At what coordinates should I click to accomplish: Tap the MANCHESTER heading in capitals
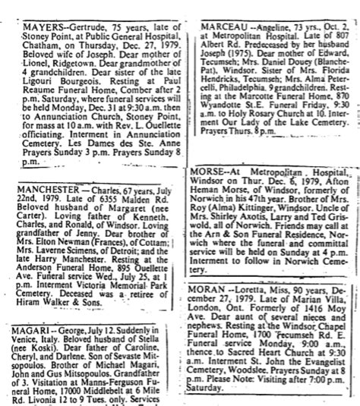point(40,187)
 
